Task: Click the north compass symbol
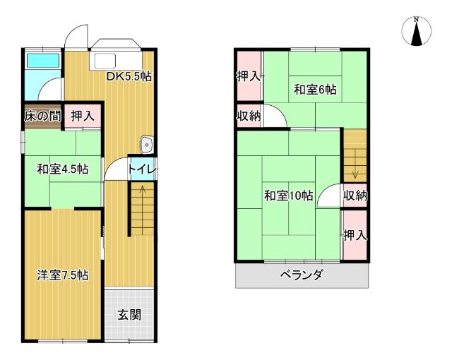(416, 31)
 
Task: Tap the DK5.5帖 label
(129, 76)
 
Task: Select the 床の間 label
(42, 116)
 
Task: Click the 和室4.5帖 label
(63, 169)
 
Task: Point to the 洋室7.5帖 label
(63, 275)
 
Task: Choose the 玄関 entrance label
(129, 314)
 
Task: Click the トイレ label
(142, 169)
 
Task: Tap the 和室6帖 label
(315, 90)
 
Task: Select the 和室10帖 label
(289, 196)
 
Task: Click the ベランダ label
(302, 275)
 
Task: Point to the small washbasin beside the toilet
(146, 145)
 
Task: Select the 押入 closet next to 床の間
(83, 116)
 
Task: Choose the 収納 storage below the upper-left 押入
(249, 116)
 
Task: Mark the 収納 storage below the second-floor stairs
(355, 196)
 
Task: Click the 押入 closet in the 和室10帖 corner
(355, 236)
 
